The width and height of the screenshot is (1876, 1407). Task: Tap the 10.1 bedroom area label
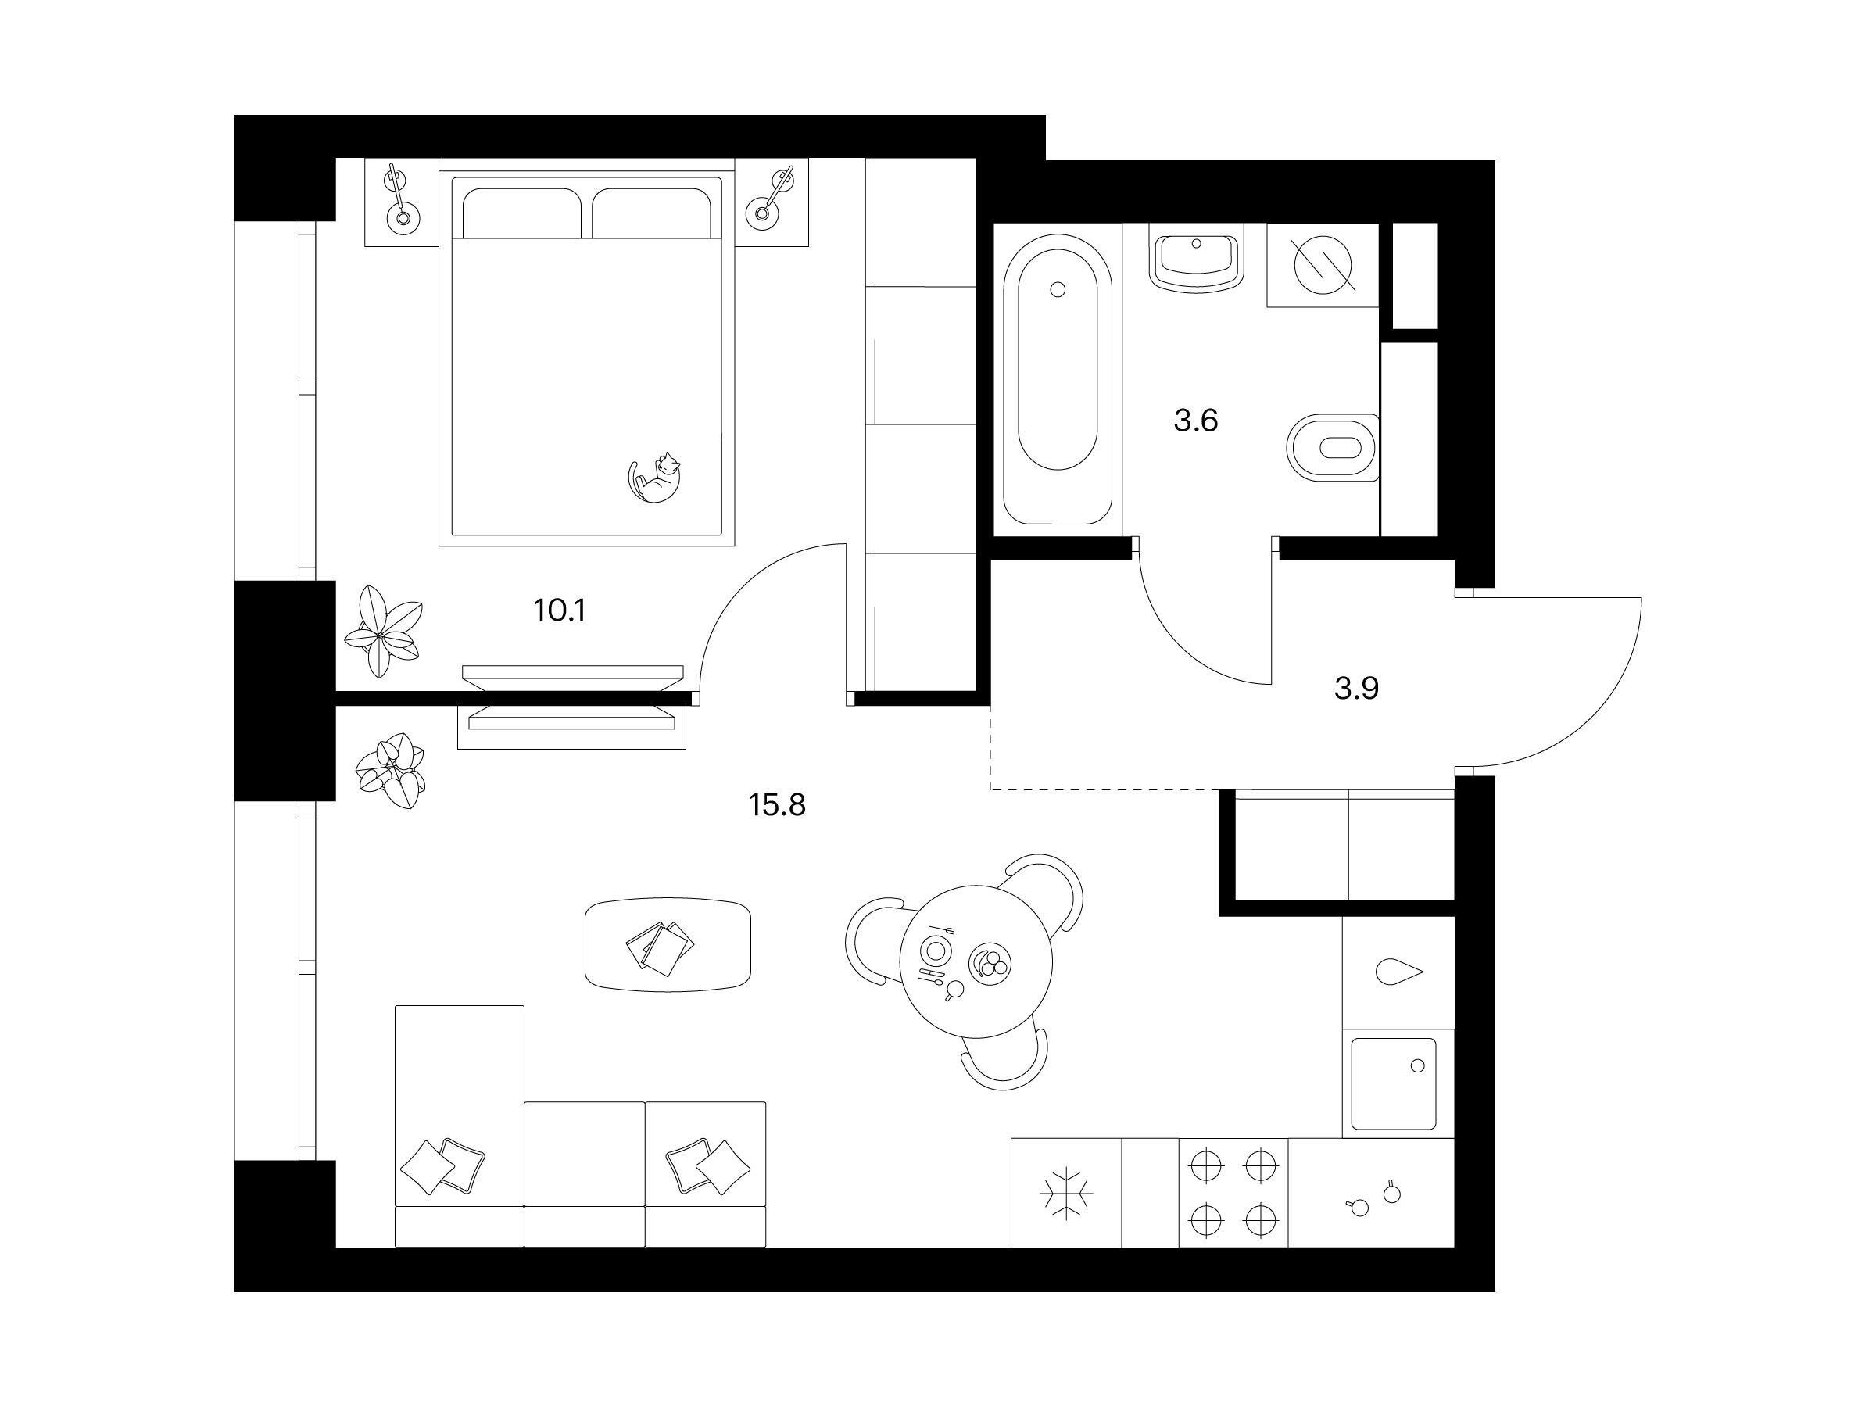[560, 610]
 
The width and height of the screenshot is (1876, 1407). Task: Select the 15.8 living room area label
[777, 804]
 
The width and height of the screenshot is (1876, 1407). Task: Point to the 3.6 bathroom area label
[1196, 420]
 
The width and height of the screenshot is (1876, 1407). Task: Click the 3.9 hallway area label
[1356, 689]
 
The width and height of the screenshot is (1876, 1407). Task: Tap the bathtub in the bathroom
[1057, 379]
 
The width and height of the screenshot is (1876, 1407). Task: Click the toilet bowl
[1331, 448]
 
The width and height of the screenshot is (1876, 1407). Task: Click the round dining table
[976, 961]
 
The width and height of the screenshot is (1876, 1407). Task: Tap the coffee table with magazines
[668, 944]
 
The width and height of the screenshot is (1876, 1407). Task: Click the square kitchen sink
[1394, 1084]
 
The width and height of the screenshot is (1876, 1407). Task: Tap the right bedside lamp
[771, 199]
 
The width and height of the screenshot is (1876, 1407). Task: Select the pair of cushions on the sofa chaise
[442, 1166]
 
